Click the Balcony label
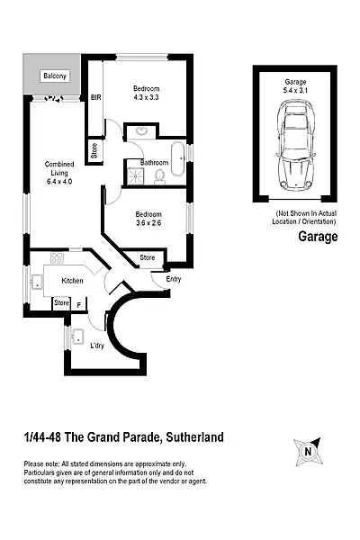click(x=54, y=76)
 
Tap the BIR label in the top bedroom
click(x=95, y=98)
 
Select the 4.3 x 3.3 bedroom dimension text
click(x=147, y=97)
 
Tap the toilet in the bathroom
click(x=160, y=173)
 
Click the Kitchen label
click(x=72, y=281)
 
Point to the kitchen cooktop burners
click(x=58, y=258)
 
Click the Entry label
click(x=174, y=278)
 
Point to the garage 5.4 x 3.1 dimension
click(x=295, y=90)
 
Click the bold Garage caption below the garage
click(x=317, y=238)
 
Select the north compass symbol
click(x=308, y=450)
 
